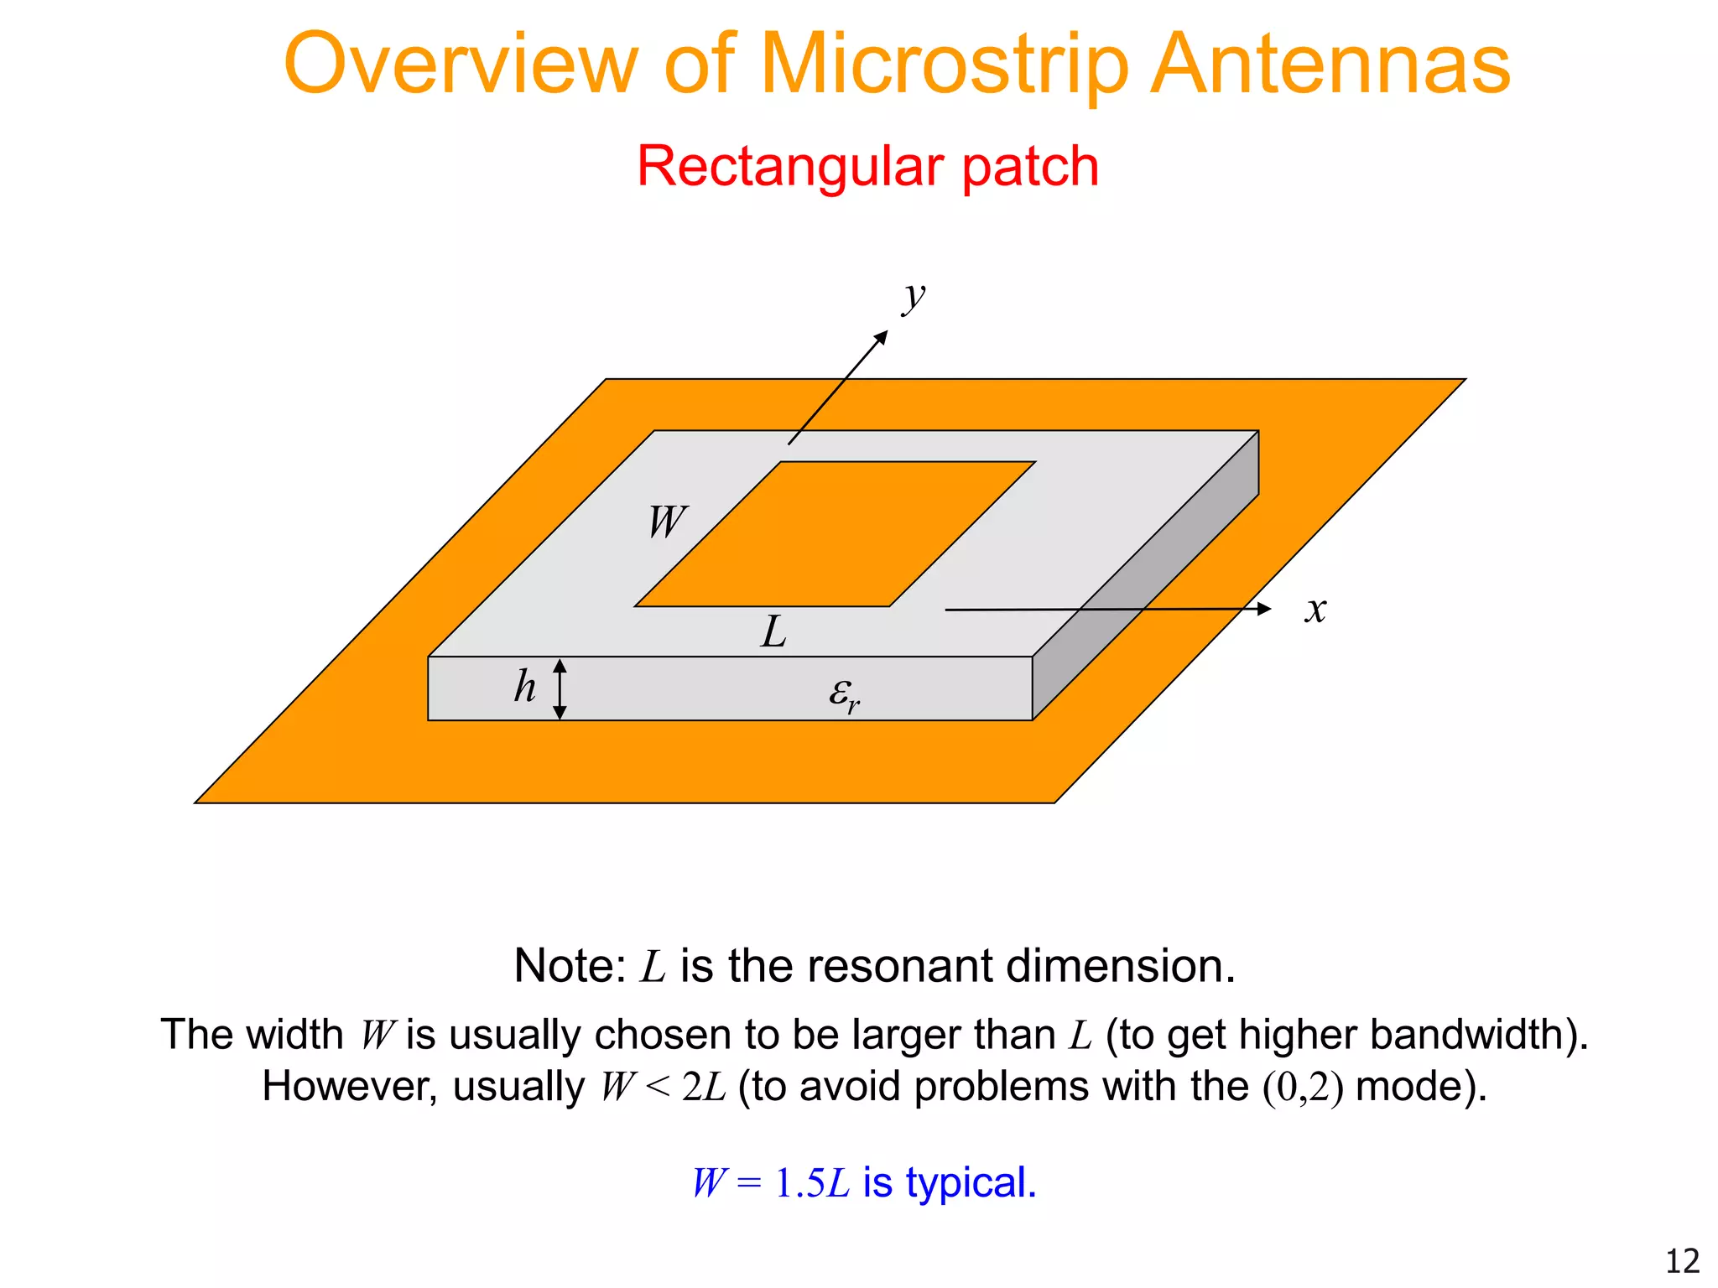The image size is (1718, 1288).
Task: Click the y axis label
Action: (x=914, y=297)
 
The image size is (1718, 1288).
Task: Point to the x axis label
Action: (x=1315, y=609)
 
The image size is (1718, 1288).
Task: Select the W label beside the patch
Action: (x=667, y=522)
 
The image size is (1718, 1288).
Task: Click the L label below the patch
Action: (x=773, y=632)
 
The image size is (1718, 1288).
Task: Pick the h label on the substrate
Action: (x=525, y=687)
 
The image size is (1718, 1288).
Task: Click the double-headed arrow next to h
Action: (x=560, y=688)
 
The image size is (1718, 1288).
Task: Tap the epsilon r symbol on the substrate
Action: (x=844, y=695)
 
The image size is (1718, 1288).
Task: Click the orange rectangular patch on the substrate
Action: (x=835, y=534)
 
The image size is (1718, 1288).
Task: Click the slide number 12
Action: (x=1681, y=1261)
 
